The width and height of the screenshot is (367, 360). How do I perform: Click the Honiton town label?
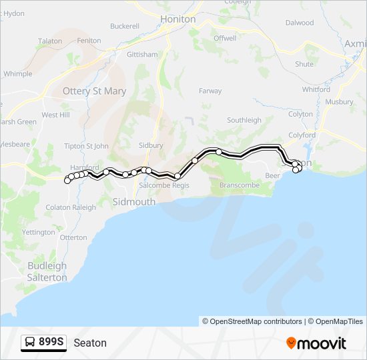177,19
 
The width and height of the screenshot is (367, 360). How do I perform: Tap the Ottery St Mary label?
94,91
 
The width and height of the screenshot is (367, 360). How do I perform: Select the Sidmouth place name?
134,201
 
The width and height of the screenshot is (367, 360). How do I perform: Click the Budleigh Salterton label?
47,271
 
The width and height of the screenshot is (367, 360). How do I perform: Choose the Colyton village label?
300,114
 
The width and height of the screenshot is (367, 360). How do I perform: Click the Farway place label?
210,91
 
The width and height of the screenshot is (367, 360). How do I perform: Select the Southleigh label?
244,120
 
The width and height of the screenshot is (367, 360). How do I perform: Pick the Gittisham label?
142,54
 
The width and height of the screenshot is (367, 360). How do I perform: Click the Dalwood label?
300,23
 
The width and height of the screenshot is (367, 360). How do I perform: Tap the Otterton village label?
73,237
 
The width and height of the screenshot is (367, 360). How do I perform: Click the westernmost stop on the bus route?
67,180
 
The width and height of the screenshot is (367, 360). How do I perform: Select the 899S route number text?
51,343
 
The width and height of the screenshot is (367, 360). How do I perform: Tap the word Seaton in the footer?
90,343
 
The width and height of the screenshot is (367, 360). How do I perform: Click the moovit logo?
316,343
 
